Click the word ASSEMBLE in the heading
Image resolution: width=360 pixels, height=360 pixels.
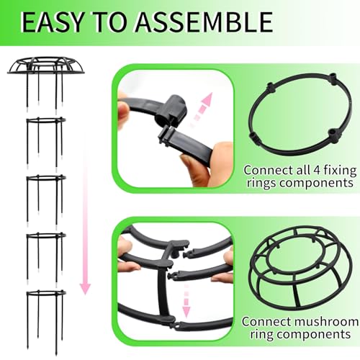pos(204,22)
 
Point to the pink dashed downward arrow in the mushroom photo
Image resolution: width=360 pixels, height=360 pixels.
pos(186,301)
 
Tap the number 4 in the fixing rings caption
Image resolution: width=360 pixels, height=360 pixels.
pos(317,171)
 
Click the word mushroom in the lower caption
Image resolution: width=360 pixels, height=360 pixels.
pos(326,322)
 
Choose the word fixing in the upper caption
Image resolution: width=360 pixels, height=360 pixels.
pos(341,171)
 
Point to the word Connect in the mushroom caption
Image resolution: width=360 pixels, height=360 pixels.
pos(266,322)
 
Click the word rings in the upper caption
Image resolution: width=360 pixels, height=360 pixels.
pos(262,184)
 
